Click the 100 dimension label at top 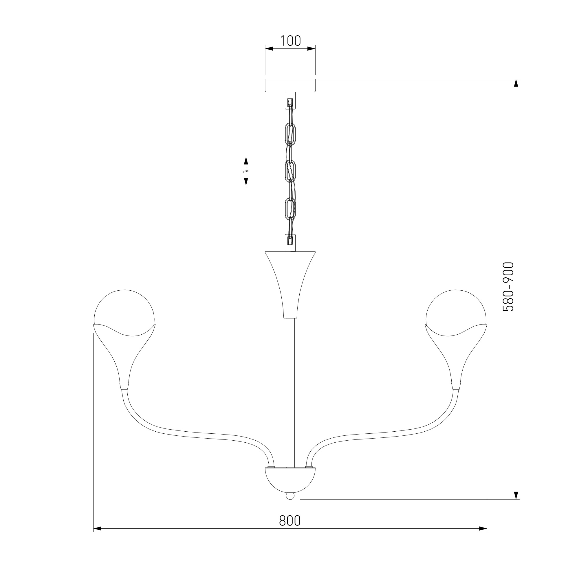coord(290,41)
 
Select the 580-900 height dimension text coord(508,287)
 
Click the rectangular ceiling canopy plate coord(290,85)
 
